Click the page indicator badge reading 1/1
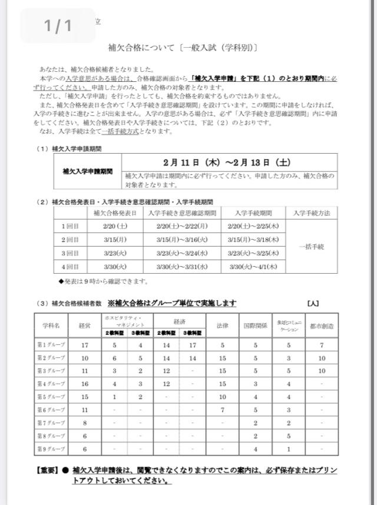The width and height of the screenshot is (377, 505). (x=57, y=26)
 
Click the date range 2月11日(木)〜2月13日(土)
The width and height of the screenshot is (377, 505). (x=226, y=162)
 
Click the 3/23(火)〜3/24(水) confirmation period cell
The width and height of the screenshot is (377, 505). (x=182, y=253)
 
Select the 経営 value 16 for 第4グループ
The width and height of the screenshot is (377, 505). (x=85, y=384)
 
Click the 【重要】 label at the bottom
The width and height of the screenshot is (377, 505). (x=45, y=470)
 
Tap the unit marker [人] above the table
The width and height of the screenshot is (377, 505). (x=313, y=304)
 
